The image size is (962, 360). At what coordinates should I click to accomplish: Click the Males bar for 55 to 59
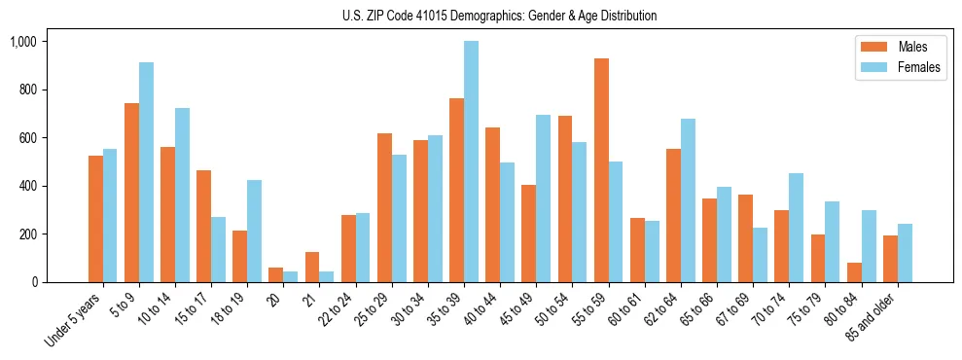602,170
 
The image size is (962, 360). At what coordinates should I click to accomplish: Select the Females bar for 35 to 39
472,162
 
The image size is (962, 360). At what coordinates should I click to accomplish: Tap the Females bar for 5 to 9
146,172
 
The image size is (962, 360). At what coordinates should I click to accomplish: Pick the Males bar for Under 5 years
95,219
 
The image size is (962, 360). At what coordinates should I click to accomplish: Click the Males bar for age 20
276,275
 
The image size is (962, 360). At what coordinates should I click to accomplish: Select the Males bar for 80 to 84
855,272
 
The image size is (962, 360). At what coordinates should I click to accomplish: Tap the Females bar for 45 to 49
544,198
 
